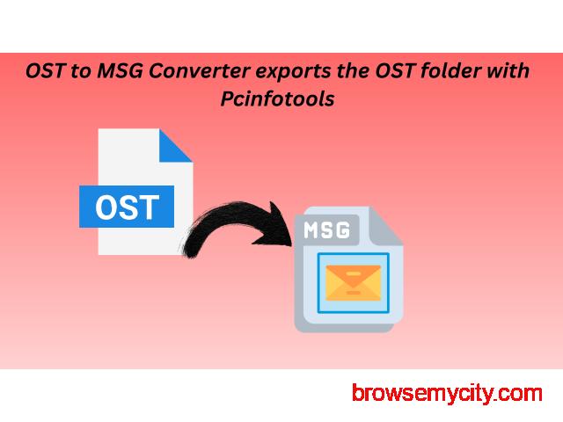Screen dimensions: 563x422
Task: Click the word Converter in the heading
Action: tap(199, 70)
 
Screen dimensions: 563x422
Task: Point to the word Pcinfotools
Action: tap(278, 98)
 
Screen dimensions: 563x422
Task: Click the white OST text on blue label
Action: tap(127, 207)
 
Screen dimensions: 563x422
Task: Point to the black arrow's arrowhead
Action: tap(275, 227)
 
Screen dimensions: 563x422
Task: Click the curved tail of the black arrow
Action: tap(216, 227)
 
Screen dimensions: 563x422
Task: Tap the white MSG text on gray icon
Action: tap(326, 229)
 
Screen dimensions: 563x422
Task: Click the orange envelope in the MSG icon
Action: tap(353, 282)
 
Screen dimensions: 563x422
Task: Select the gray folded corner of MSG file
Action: tap(385, 228)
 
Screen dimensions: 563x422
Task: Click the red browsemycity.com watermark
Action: tap(447, 394)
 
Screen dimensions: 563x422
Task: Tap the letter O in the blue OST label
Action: tap(106, 207)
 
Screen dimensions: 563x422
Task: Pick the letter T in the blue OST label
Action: tap(149, 207)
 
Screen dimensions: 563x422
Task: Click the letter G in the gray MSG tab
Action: tap(343, 229)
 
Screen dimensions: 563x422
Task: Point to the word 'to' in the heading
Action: tap(80, 71)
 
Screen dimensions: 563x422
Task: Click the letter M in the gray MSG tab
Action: tap(311, 229)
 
